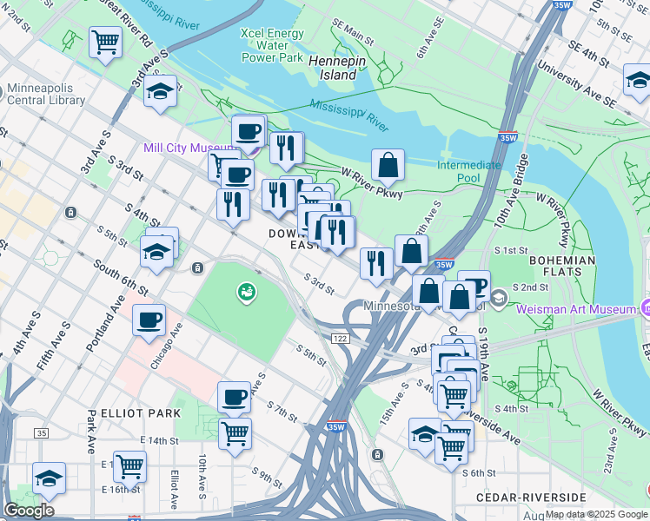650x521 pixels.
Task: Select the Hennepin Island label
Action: pos(333,68)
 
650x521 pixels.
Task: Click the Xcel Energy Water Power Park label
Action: pos(273,46)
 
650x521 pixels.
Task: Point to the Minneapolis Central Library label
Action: pos(46,94)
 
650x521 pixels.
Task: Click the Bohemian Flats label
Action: pos(561,267)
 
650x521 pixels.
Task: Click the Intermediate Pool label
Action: pos(469,171)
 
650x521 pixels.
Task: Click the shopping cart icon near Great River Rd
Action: pos(105,40)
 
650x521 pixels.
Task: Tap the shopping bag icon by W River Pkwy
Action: pos(388,164)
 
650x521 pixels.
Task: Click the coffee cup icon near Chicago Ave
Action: pos(149,320)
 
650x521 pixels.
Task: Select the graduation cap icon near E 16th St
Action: pos(50,477)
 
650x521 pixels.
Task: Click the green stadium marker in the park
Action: pos(247,292)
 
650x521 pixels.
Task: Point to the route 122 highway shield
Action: pos(339,337)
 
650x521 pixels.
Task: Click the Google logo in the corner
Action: pos(29,511)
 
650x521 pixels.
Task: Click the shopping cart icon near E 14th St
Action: pos(129,465)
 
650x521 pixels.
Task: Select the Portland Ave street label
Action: pos(101,320)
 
